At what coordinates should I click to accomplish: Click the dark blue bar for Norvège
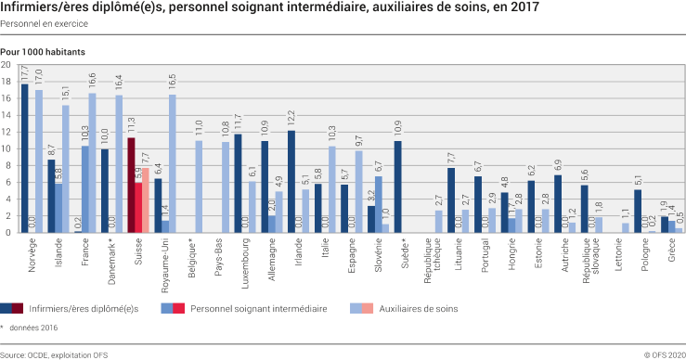(x=25, y=159)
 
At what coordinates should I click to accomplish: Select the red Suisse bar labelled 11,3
(x=132, y=186)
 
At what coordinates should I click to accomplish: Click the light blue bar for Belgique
(x=199, y=186)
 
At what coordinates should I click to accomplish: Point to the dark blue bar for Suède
(x=398, y=186)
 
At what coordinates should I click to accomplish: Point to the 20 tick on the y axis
(x=7, y=66)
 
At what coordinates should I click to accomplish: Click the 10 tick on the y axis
(x=7, y=148)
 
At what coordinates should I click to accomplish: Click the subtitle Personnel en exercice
(x=38, y=23)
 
